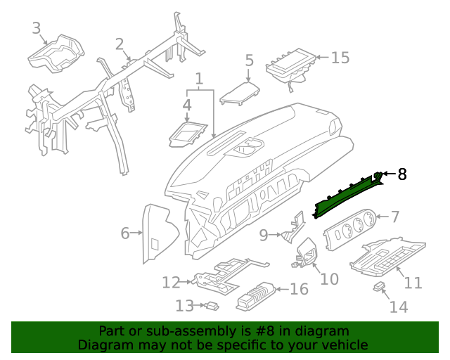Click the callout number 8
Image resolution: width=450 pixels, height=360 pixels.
[x=402, y=174]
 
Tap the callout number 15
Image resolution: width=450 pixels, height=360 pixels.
[x=340, y=58]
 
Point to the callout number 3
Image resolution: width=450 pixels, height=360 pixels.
[x=37, y=28]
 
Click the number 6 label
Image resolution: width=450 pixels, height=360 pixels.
[x=125, y=233]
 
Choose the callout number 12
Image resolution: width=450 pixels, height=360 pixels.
[x=171, y=283]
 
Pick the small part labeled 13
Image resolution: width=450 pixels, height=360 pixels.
[x=211, y=306]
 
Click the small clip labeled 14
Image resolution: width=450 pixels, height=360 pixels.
[x=380, y=287]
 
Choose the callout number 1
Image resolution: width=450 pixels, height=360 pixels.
[x=199, y=78]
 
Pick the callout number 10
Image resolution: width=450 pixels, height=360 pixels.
[x=329, y=279]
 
